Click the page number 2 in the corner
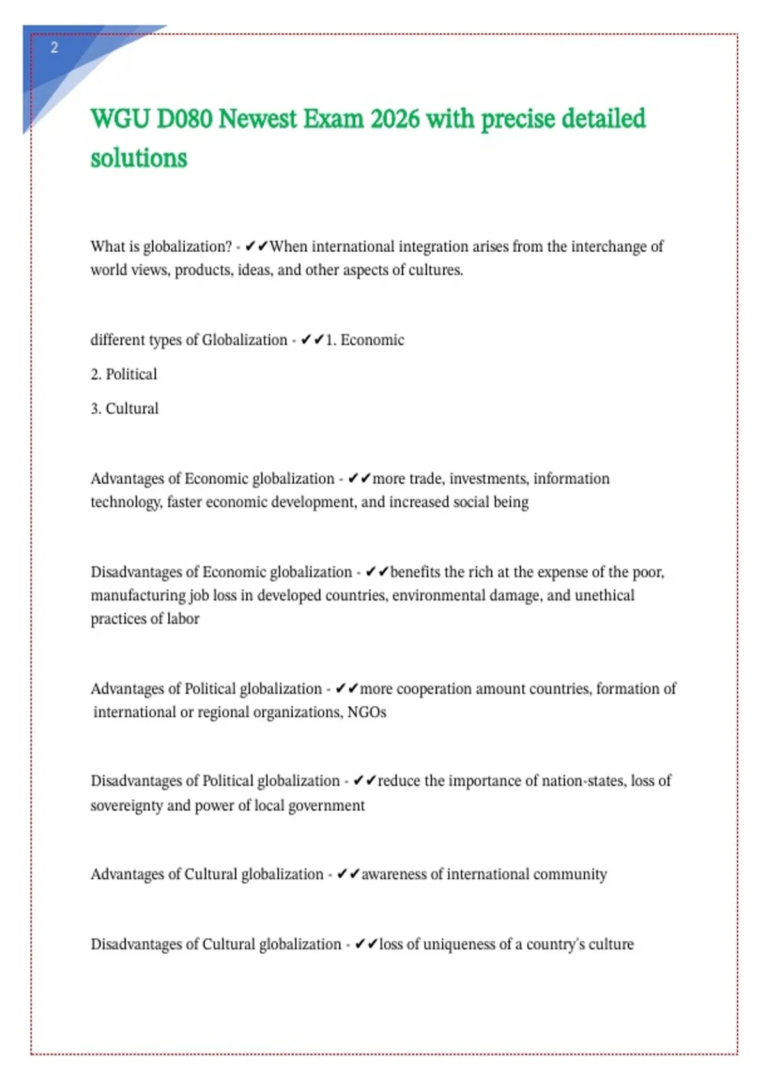pos(54,47)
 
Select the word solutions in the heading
pos(139,158)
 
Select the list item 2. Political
pos(124,374)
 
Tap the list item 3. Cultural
pos(124,409)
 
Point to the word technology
pos(125,502)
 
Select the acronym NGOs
pos(367,712)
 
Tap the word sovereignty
pos(126,806)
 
